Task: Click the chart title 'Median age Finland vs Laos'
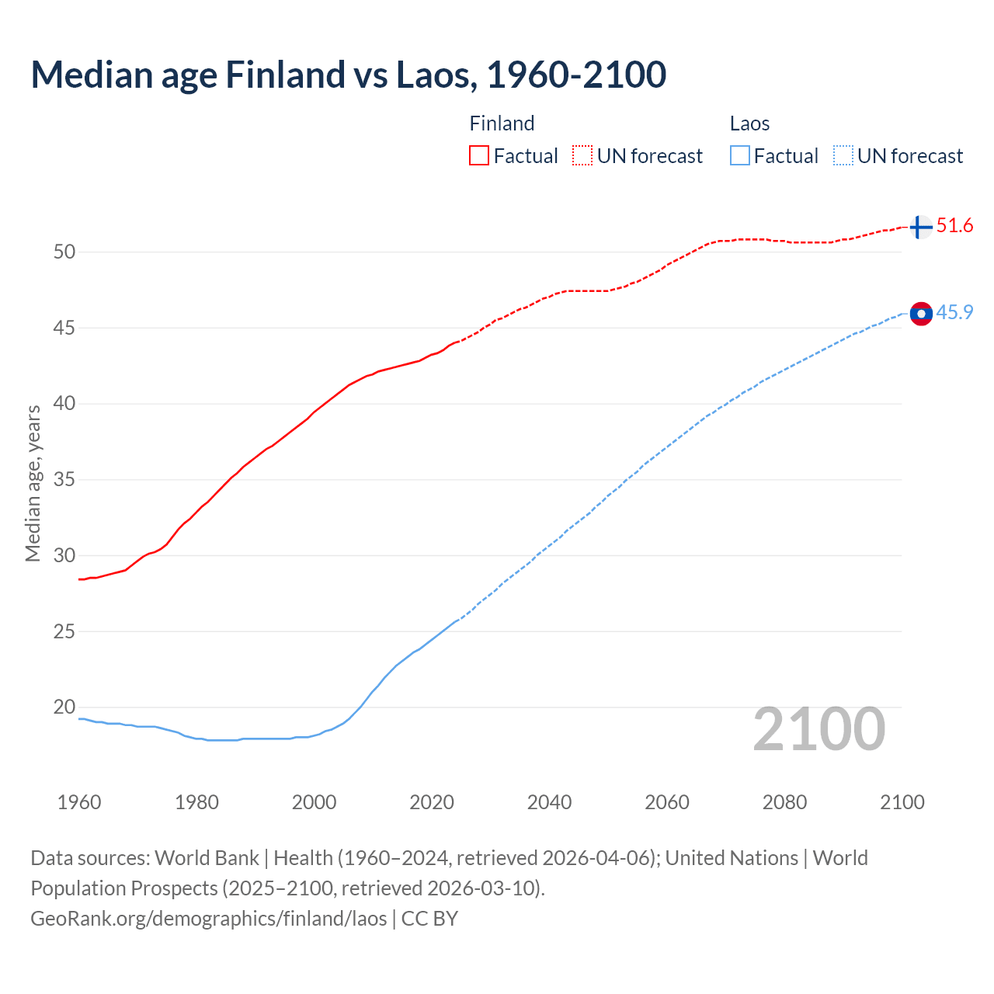click(x=348, y=75)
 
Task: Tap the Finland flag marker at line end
click(x=920, y=227)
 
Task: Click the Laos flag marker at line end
click(x=921, y=313)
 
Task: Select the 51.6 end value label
click(x=954, y=226)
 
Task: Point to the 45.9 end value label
click(x=954, y=312)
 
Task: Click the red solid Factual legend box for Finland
click(x=479, y=156)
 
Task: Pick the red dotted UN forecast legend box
click(x=582, y=156)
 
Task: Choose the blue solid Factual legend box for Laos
click(x=740, y=156)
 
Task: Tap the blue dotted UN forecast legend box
click(x=843, y=156)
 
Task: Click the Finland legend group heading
click(x=502, y=123)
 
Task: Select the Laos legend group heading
click(x=749, y=123)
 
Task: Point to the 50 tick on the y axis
click(x=64, y=252)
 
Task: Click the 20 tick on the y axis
click(x=64, y=707)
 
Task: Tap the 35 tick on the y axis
click(x=64, y=479)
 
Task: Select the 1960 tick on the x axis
click(x=79, y=802)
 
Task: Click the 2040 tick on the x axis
click(x=549, y=802)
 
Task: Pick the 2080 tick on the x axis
click(x=784, y=802)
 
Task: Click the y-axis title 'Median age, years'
click(x=33, y=483)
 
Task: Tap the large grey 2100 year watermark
click(x=818, y=728)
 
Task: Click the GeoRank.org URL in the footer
click(x=208, y=918)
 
